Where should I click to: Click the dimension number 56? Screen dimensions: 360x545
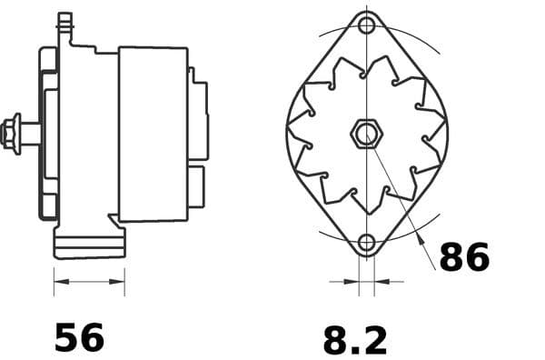pyautogui.click(x=80, y=337)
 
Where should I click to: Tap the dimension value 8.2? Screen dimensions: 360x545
pyautogui.click(x=354, y=340)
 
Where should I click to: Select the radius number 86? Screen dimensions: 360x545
pyautogui.click(x=464, y=258)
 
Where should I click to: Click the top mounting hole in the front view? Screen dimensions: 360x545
pyautogui.click(x=366, y=25)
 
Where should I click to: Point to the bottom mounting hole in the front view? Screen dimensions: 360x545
pyautogui.click(x=366, y=243)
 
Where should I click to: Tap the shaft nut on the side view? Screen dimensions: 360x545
pyautogui.click(x=12, y=132)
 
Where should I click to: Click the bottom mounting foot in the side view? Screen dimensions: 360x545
pyautogui.click(x=89, y=245)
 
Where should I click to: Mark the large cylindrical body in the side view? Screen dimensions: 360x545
pyautogui.click(x=153, y=133)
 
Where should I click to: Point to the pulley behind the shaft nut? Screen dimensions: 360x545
pyautogui.click(x=47, y=133)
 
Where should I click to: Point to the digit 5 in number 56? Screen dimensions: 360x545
pyautogui.click(x=67, y=337)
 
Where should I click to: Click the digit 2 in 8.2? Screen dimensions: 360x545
pyautogui.click(x=373, y=340)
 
